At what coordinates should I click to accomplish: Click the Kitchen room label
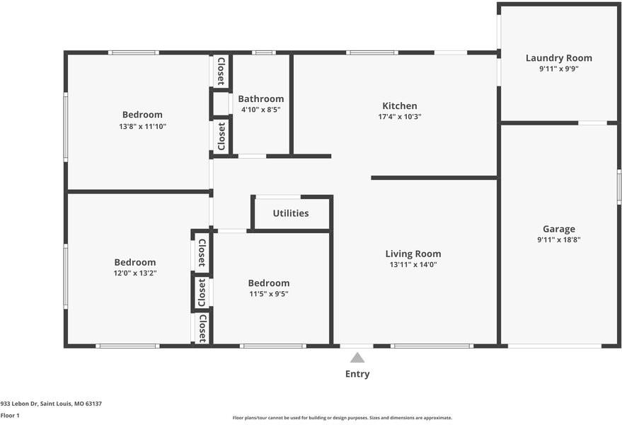pos(400,106)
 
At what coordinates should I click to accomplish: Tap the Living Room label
pos(413,254)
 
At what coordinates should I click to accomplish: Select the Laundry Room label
pos(558,58)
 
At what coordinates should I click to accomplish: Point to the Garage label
pos(558,229)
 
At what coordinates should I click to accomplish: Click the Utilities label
pos(291,213)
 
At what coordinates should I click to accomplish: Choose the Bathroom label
pos(260,99)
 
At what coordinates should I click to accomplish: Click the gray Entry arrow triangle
pos(357,358)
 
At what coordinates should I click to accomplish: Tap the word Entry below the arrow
pos(357,374)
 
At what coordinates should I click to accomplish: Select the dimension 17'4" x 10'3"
pos(400,117)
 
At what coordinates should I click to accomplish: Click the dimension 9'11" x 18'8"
pos(558,240)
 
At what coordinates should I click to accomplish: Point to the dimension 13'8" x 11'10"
pos(142,127)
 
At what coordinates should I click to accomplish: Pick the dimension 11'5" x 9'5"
pos(269,294)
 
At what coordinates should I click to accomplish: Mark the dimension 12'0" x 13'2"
pos(135,273)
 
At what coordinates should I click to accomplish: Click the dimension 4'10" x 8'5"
pos(260,110)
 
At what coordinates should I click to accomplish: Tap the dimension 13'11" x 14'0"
pos(413,264)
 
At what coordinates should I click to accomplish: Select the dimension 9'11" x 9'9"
pos(558,69)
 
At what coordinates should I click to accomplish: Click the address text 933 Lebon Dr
pos(19,404)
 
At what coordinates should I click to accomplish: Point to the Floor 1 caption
pos(10,416)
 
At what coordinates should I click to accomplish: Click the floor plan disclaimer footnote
pos(342,418)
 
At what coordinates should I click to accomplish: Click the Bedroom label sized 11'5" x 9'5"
pos(269,283)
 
